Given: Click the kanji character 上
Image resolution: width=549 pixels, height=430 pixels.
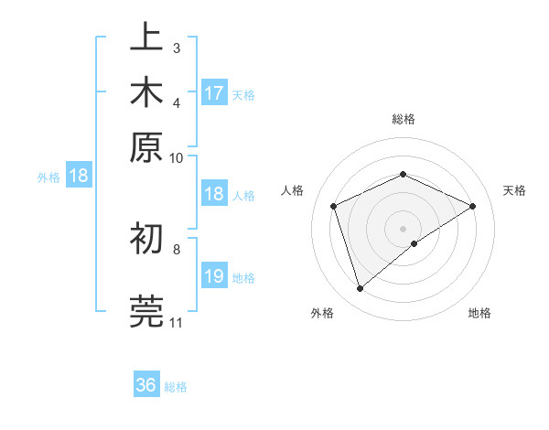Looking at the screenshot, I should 146,39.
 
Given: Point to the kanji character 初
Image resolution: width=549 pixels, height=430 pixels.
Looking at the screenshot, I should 146,240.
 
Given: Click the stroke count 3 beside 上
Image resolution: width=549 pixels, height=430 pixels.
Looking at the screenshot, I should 176,47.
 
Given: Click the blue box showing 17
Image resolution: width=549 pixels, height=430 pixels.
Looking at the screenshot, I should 214,93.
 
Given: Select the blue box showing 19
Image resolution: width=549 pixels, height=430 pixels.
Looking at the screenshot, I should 214,276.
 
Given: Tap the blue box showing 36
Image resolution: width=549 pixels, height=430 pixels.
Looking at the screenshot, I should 146,385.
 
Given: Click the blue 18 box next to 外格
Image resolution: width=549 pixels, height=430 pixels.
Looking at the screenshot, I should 78,177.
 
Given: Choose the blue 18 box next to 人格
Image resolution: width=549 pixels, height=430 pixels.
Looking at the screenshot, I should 214,194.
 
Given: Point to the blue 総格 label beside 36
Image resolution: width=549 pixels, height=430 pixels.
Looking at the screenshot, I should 176,387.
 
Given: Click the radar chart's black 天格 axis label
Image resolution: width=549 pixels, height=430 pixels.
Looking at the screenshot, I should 515,190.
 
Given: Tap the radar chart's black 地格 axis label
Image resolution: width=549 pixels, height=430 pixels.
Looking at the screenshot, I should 479,313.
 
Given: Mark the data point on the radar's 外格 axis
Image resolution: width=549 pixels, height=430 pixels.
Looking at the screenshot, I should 360,289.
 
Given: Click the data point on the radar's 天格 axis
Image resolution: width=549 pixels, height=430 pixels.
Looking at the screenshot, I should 473,206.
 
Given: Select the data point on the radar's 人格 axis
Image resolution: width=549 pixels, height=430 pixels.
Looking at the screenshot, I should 334,206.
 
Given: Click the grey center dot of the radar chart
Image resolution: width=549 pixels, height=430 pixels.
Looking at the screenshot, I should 404,228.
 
